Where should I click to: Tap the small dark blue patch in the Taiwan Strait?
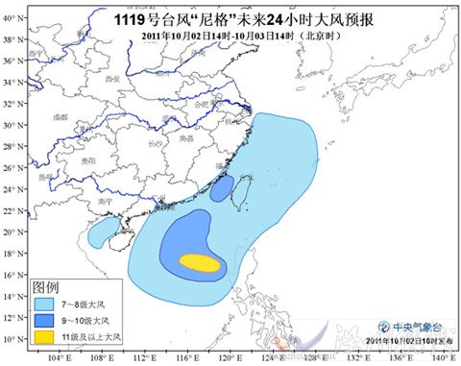(x=221, y=189)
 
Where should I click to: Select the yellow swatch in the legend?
(x=45, y=337)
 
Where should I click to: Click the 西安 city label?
(x=112, y=78)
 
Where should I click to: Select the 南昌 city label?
(x=187, y=139)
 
